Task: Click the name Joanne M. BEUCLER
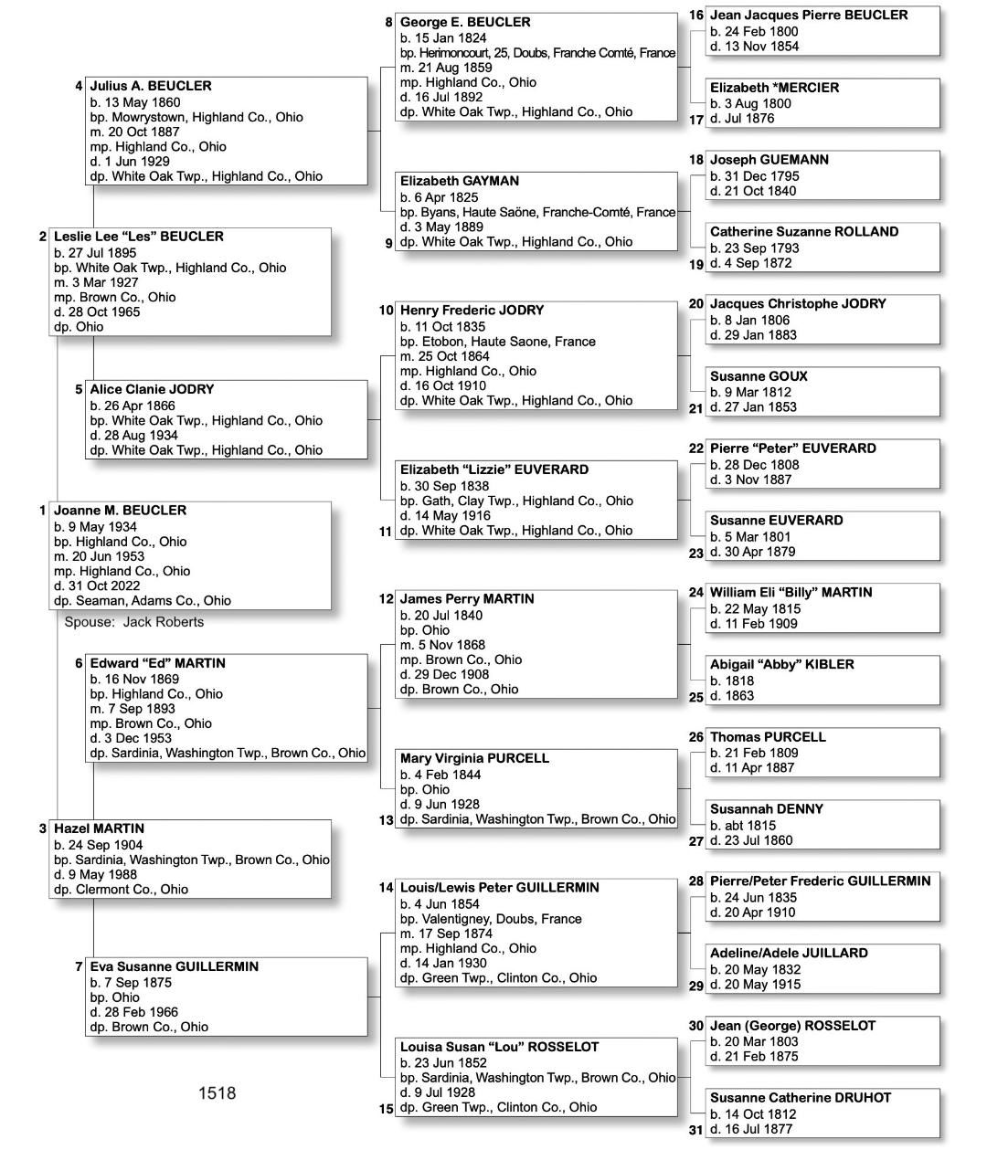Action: tap(120, 511)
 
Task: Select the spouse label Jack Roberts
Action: tap(134, 622)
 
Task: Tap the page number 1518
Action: tap(217, 1093)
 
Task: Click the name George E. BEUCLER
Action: tap(465, 22)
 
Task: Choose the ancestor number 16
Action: tap(696, 16)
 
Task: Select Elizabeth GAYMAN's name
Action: tap(460, 181)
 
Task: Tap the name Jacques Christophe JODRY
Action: tap(798, 303)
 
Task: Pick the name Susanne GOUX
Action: tap(759, 376)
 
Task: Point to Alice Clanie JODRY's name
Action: tap(152, 389)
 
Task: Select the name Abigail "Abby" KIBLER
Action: tap(782, 664)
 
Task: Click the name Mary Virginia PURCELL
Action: tap(474, 758)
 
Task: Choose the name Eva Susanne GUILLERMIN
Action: tap(174, 966)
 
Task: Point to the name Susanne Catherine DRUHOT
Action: tap(801, 1098)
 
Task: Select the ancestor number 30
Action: tap(696, 1026)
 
